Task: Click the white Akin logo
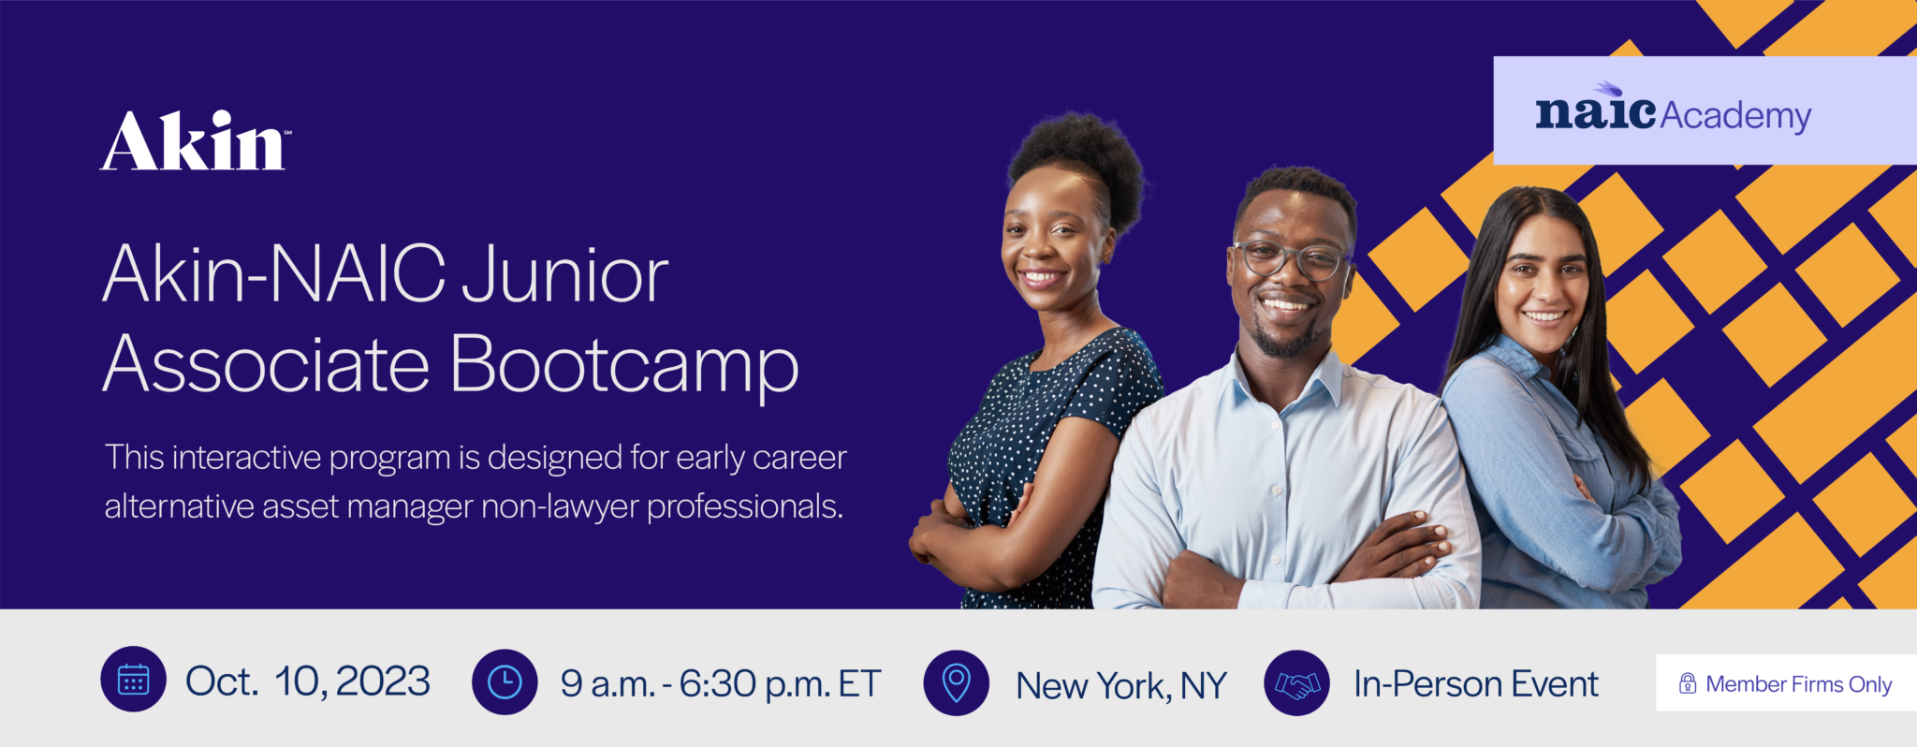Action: tap(195, 141)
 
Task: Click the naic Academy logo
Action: tap(1674, 110)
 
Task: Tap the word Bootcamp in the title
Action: tap(624, 365)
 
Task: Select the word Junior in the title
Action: tap(564, 275)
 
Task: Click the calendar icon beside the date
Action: tap(134, 680)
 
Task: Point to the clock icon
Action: tap(505, 681)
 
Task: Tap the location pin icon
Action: tap(956, 683)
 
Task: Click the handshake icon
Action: tap(1296, 683)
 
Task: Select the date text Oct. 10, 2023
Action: tap(308, 681)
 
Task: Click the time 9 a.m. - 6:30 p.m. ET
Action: tap(721, 684)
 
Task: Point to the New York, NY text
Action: tap(1121, 686)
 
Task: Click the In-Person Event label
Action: tap(1476, 684)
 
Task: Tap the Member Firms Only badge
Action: tap(1786, 683)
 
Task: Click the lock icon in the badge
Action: tap(1688, 683)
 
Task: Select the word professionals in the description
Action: tap(745, 507)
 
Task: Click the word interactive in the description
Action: tap(246, 458)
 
